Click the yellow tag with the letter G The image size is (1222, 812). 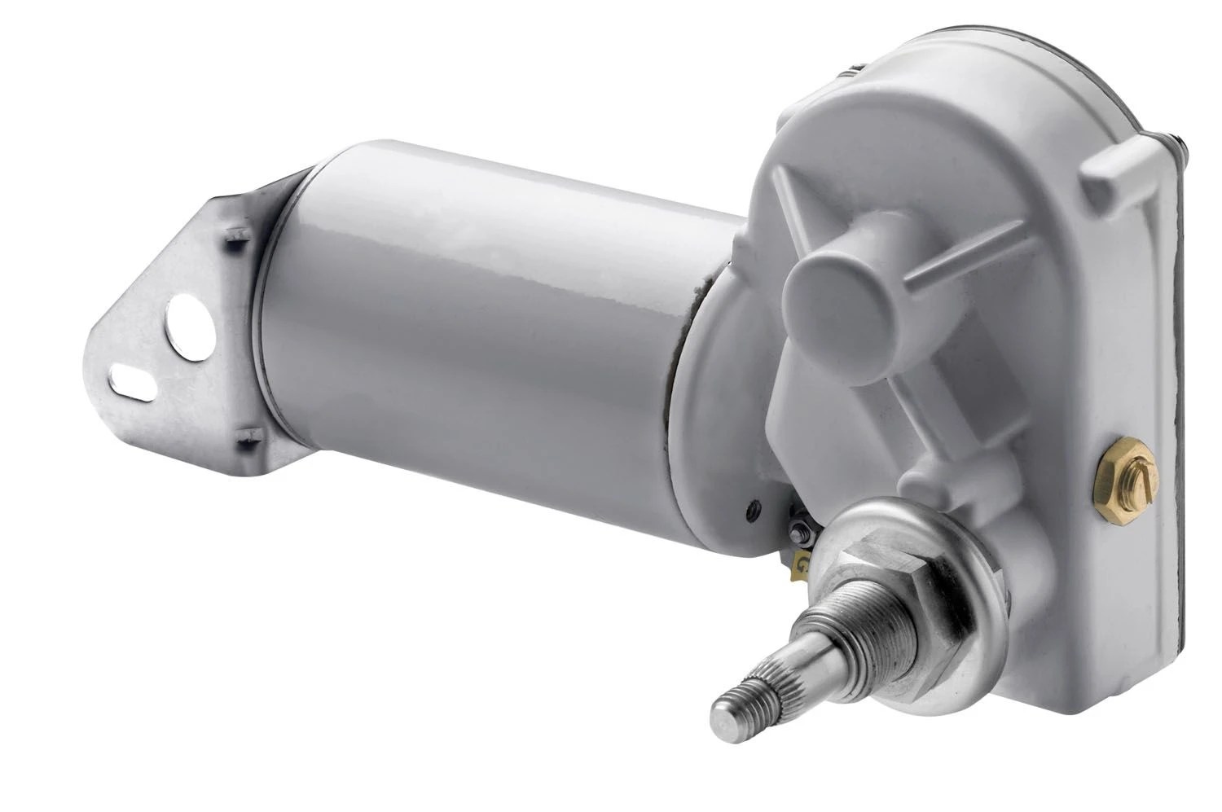pyautogui.click(x=802, y=561)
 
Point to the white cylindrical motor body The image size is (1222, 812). pyautogui.click(x=489, y=326)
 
